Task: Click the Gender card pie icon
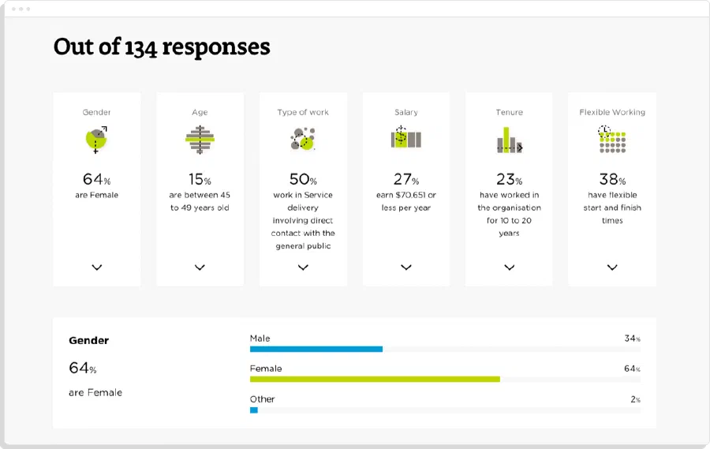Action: pos(96,140)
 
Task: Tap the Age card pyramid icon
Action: pos(200,140)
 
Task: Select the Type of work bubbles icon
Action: pos(302,139)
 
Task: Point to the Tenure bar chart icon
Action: pos(510,140)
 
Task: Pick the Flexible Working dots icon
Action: pos(612,139)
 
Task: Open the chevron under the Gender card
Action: pos(97,268)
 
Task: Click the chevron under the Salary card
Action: pos(406,268)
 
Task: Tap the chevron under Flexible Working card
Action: pos(612,268)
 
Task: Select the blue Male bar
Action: pos(316,349)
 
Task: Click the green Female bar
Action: pos(375,380)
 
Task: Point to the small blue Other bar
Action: pos(254,410)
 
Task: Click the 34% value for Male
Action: pos(632,339)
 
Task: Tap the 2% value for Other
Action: pos(635,399)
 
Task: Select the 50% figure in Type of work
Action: pos(303,179)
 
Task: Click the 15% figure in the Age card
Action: pos(200,179)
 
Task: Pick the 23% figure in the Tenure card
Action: pos(510,179)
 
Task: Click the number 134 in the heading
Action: pos(140,48)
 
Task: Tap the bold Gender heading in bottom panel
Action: pos(88,341)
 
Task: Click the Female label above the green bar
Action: pos(266,369)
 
